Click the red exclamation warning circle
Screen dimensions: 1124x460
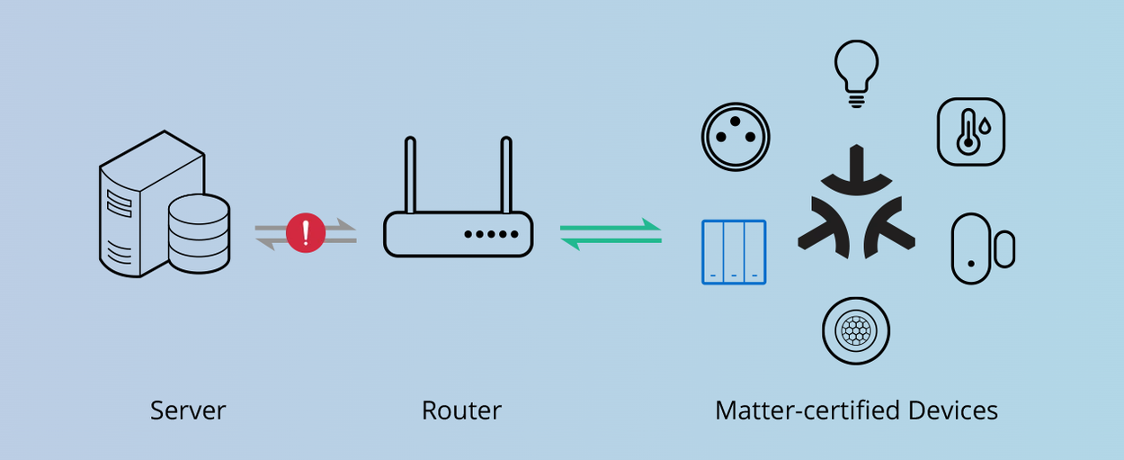coord(306,233)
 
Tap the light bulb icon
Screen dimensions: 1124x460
coord(857,73)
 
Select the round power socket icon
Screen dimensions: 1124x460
coord(736,137)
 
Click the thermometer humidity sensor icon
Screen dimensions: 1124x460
coord(971,131)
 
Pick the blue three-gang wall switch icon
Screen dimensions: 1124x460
coord(734,252)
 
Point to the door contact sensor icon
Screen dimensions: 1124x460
coord(983,248)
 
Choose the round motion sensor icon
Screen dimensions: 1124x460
coord(856,331)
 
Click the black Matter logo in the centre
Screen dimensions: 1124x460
coord(857,202)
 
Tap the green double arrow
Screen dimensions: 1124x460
coord(611,234)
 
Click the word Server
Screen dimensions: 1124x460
coord(188,410)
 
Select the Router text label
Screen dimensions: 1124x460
coord(461,410)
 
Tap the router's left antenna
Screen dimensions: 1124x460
coord(410,175)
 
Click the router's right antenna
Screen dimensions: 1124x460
coord(506,175)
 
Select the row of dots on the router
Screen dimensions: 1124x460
coord(491,234)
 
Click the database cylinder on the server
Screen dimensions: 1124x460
coord(200,233)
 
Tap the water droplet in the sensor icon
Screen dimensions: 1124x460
coord(986,126)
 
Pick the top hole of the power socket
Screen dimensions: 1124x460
coord(736,122)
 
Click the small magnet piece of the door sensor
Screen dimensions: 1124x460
coord(1005,249)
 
